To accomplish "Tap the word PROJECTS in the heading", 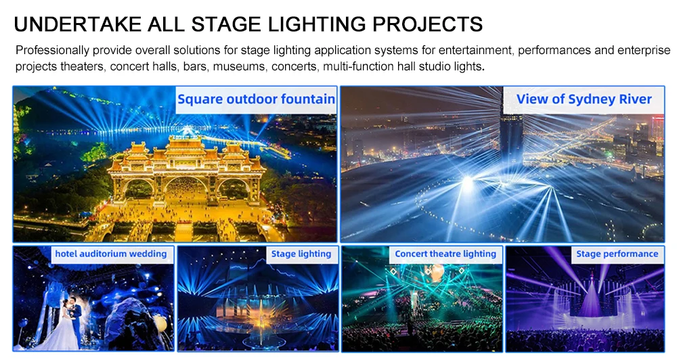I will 429,24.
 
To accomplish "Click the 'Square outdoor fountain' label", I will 256,99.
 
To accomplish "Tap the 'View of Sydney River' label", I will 584,99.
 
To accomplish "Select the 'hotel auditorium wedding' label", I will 111,254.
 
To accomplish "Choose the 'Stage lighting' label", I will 301,254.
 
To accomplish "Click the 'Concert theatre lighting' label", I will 445,254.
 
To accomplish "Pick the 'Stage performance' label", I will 617,254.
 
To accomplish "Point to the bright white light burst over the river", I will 466,181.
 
